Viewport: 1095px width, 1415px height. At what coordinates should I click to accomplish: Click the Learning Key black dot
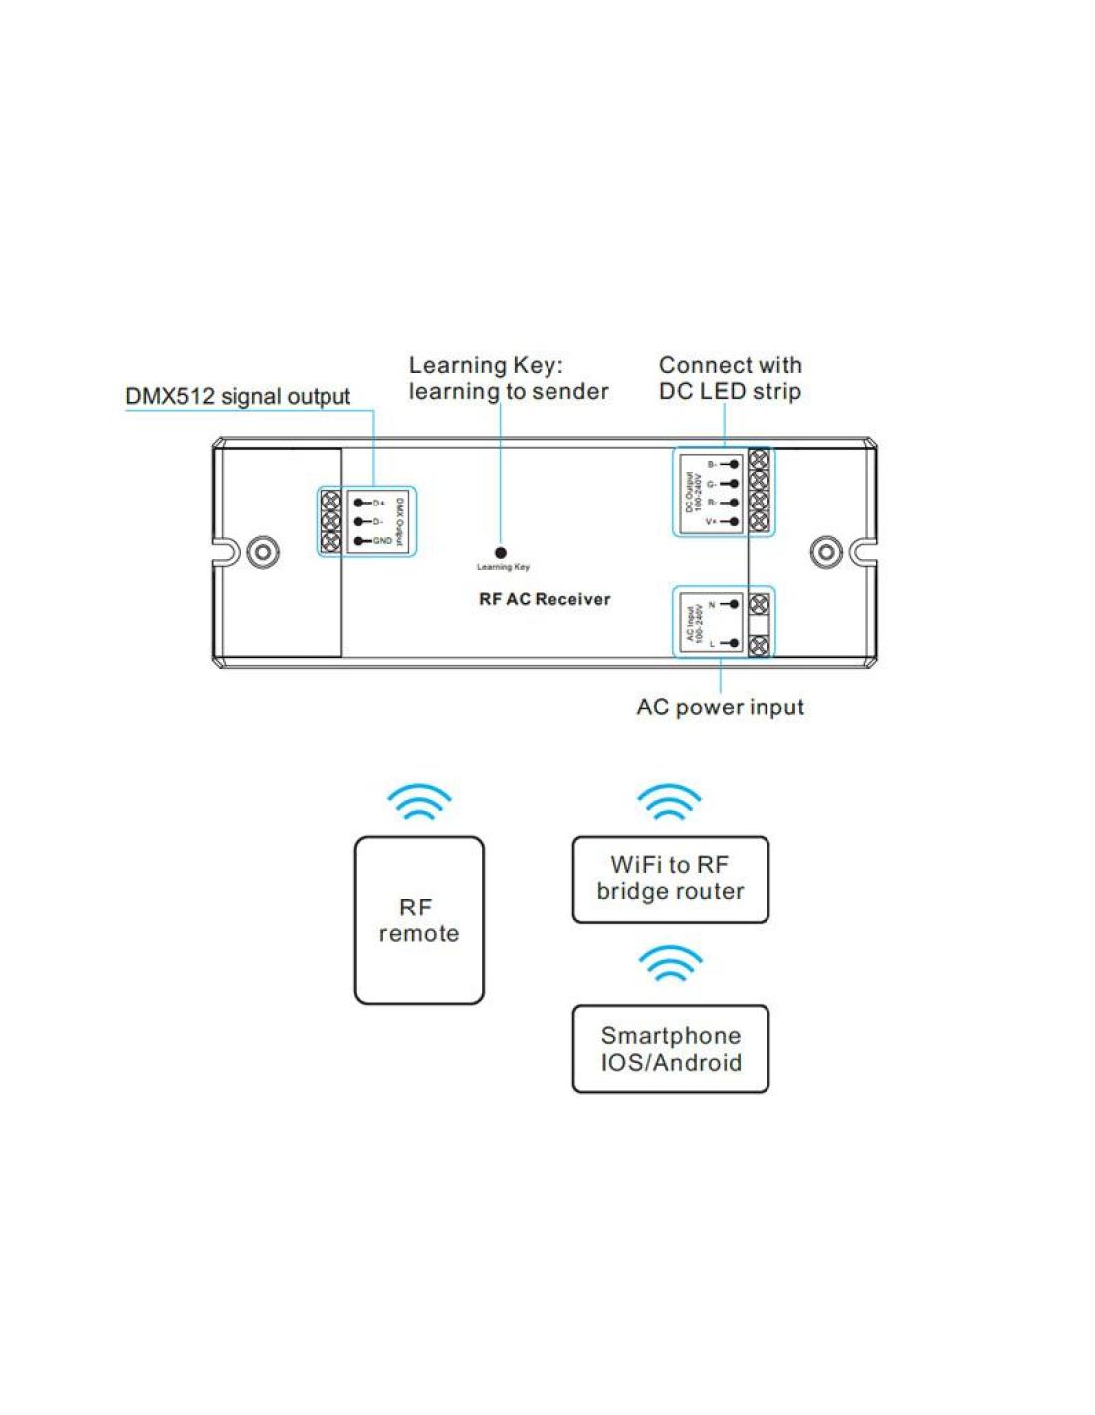point(501,553)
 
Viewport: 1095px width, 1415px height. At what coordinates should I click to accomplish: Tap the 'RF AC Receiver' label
point(545,599)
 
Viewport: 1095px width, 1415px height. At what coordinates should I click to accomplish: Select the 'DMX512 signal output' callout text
point(238,396)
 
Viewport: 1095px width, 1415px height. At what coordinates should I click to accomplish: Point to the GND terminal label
point(382,541)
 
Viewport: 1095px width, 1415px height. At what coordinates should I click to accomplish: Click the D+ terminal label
point(379,503)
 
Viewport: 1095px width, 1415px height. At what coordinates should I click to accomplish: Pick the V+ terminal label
point(712,521)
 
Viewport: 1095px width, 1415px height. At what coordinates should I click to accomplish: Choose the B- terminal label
point(712,464)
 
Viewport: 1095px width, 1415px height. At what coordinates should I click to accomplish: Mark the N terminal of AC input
point(713,604)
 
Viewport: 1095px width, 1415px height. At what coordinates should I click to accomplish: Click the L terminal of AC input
point(713,643)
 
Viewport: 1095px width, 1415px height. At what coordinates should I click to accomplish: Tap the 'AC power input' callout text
point(720,707)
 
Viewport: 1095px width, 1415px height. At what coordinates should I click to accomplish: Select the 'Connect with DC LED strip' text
point(730,378)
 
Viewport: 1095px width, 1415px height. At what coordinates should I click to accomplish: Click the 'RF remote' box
point(419,920)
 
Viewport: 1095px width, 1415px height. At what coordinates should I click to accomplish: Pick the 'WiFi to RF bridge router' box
point(670,879)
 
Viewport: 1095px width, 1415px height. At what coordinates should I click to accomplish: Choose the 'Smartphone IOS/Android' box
point(670,1049)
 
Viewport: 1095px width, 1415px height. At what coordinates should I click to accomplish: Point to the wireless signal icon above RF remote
point(419,801)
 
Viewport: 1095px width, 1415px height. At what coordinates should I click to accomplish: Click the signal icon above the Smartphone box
point(670,963)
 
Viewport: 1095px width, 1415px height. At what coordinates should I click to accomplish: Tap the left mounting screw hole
point(263,552)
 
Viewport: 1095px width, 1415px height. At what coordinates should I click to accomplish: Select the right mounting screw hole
point(825,552)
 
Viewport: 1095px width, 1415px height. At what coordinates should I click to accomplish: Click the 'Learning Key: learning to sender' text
point(508,378)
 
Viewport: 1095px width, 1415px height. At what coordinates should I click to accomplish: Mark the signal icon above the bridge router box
point(669,801)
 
